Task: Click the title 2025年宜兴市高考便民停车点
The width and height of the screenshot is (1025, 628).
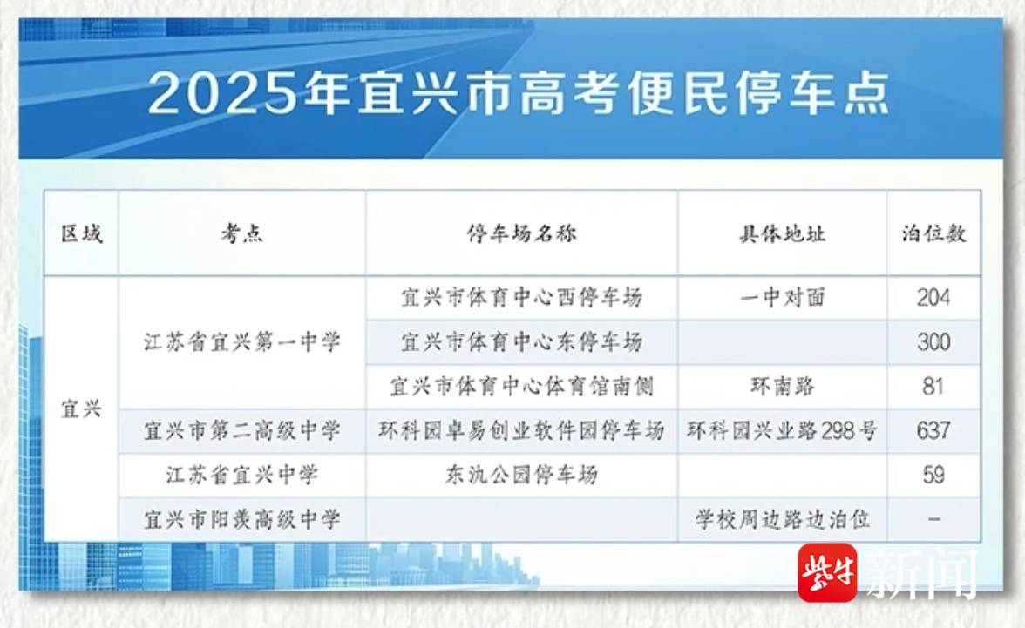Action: click(519, 93)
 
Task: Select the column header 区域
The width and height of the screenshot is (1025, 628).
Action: click(82, 233)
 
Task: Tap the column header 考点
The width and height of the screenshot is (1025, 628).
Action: click(242, 233)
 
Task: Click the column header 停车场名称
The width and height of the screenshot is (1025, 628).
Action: click(521, 233)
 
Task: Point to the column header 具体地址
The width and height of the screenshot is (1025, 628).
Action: click(783, 233)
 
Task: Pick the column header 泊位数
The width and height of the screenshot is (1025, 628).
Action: click(933, 233)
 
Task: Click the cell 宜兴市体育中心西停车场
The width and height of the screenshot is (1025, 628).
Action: click(521, 298)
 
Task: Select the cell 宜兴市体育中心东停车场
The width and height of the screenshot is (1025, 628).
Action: click(521, 341)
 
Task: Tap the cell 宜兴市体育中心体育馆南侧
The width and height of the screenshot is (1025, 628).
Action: click(521, 386)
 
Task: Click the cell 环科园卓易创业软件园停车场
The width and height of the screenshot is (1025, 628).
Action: click(521, 430)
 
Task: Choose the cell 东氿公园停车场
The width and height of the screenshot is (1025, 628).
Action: click(521, 475)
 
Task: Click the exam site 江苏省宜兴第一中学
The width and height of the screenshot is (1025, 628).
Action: click(242, 341)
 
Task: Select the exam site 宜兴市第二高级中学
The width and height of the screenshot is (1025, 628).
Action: click(242, 430)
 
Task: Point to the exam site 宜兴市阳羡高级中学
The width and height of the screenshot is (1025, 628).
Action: click(242, 519)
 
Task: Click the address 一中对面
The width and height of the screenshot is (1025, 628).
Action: click(783, 298)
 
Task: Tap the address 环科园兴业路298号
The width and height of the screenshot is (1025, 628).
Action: click(783, 430)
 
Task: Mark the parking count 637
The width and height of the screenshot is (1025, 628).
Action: click(933, 430)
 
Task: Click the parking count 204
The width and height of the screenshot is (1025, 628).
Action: click(933, 298)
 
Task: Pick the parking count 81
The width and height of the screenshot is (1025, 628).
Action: click(933, 386)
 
